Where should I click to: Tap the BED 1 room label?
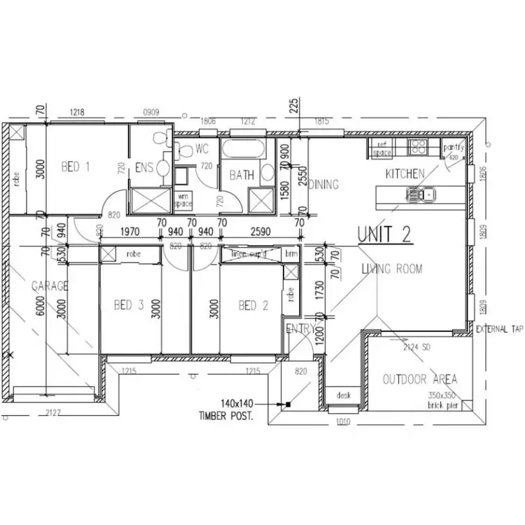click(76, 167)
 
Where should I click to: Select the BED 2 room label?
click(253, 305)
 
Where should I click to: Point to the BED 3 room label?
click(129, 305)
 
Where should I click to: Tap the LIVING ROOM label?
click(392, 269)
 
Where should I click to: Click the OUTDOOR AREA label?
click(419, 379)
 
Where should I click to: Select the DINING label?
click(323, 185)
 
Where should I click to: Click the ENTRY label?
click(298, 328)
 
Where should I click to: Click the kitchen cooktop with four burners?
click(419, 147)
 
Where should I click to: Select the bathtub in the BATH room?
click(243, 148)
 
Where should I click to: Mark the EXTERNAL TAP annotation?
click(499, 328)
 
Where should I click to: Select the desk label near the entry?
click(343, 395)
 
